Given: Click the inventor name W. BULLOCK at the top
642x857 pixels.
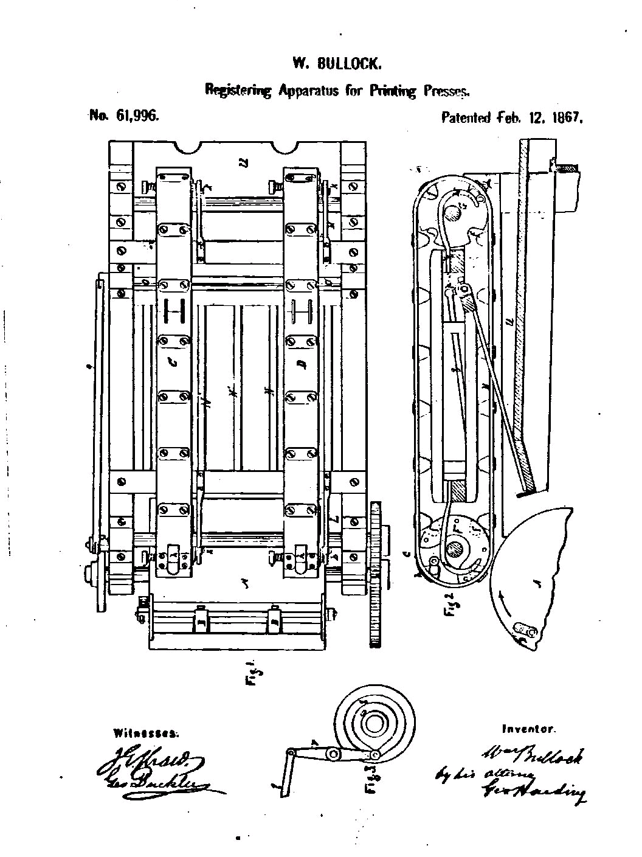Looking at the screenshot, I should (x=337, y=63).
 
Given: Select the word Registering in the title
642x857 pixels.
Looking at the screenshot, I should (x=238, y=91).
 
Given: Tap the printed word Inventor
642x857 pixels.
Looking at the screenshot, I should (x=528, y=729).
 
